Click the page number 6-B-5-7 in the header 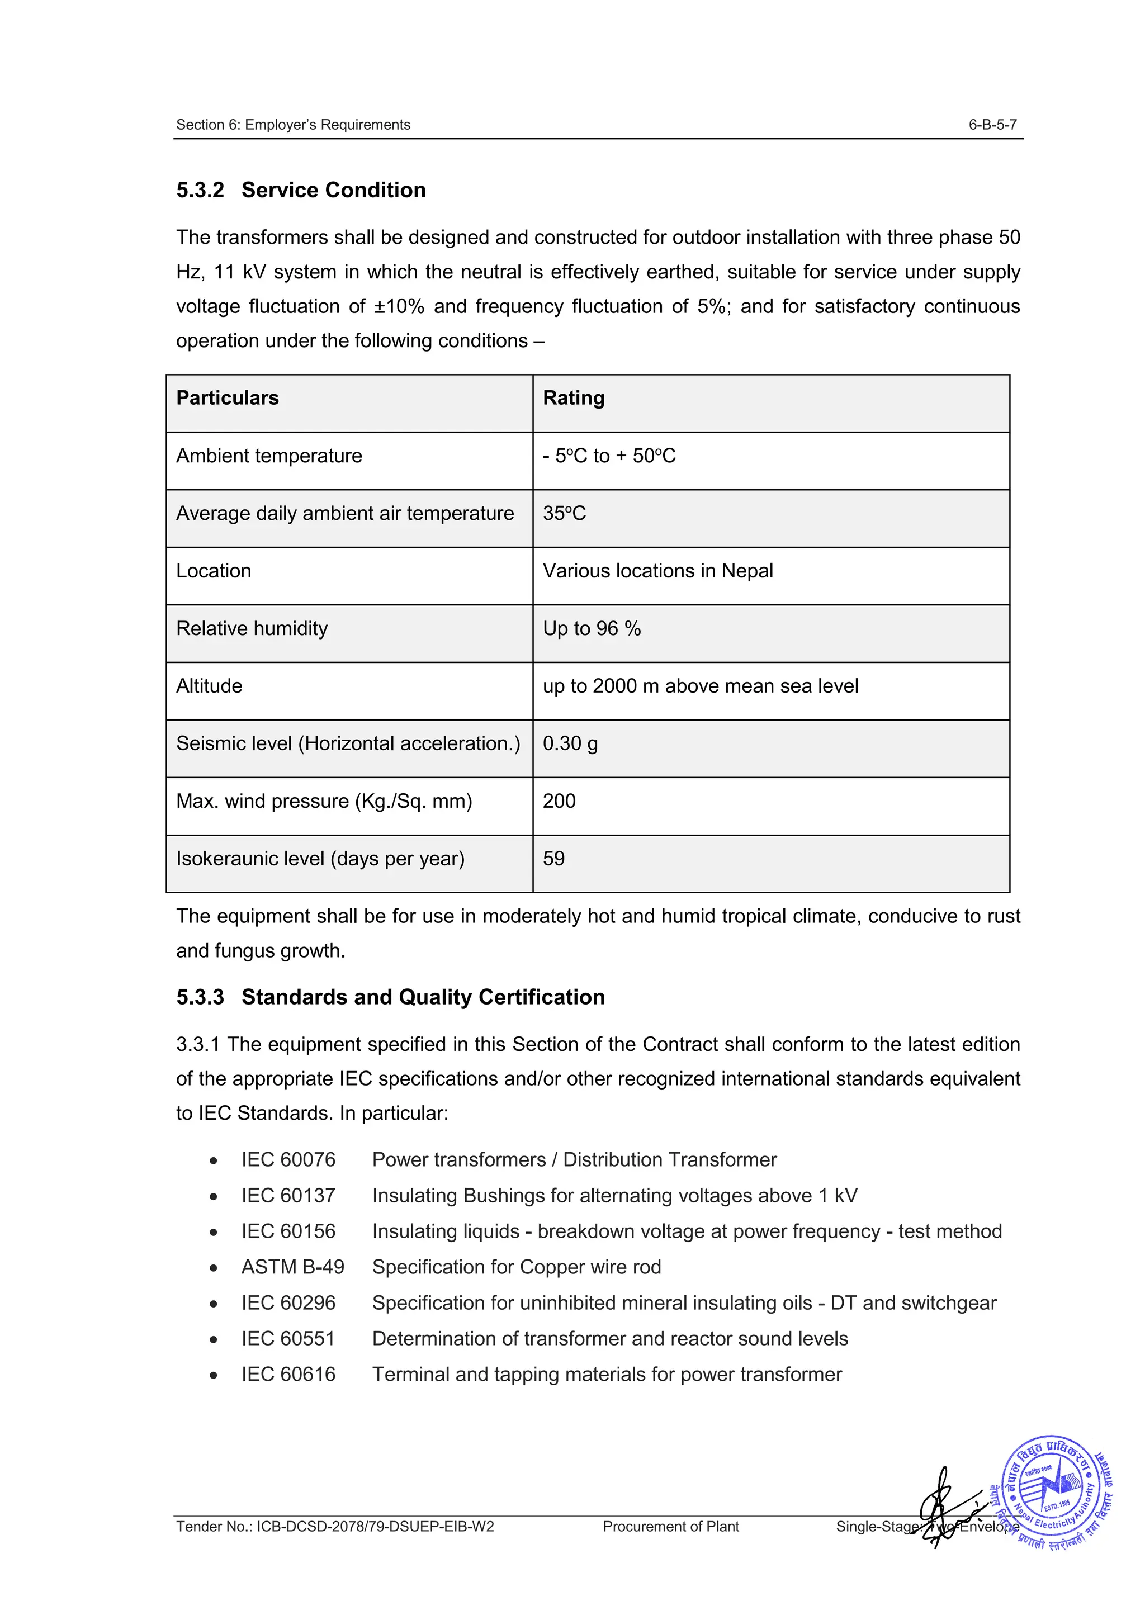click(x=992, y=125)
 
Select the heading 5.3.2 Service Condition click(x=301, y=190)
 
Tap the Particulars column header click(x=227, y=398)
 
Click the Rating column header click(x=573, y=398)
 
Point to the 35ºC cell click(x=564, y=513)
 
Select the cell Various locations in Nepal click(x=657, y=571)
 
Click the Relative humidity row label click(x=252, y=629)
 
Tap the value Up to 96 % click(x=591, y=629)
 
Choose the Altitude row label click(x=209, y=686)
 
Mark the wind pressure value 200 click(x=559, y=801)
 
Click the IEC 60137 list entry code click(x=288, y=1195)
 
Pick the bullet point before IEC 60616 click(x=213, y=1375)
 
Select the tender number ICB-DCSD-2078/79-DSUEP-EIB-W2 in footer click(x=335, y=1527)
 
